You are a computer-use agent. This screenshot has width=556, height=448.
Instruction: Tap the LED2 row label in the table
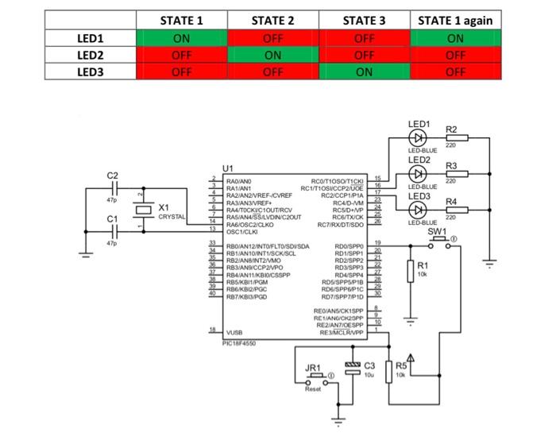click(x=91, y=55)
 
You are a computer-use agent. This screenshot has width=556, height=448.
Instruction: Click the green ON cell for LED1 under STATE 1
click(x=181, y=38)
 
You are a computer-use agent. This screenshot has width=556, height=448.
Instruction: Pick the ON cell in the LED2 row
click(x=272, y=55)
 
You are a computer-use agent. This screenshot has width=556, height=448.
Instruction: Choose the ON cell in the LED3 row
click(x=364, y=71)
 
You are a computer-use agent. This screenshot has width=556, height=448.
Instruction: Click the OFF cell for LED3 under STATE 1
click(x=181, y=71)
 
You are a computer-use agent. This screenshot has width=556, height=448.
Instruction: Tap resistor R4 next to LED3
click(x=457, y=210)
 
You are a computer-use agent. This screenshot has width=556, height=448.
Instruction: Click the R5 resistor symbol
click(x=389, y=371)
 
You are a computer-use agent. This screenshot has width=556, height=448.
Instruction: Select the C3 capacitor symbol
click(x=353, y=368)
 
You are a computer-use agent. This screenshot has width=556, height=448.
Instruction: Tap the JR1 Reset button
click(x=316, y=378)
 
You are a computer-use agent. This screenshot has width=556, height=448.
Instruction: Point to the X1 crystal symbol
click(x=141, y=210)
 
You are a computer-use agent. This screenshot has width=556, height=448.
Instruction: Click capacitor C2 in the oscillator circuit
click(x=115, y=189)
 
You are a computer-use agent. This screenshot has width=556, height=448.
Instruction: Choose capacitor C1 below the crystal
click(x=115, y=230)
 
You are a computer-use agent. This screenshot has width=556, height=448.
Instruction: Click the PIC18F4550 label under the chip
click(x=240, y=344)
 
